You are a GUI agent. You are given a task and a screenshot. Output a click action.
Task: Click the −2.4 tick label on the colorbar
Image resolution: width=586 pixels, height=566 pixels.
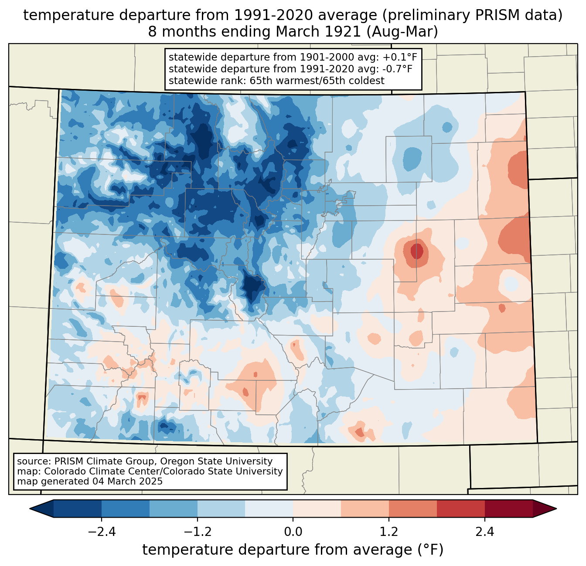(x=102, y=532)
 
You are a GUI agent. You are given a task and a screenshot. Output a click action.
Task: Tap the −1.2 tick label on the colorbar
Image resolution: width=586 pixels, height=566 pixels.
(x=197, y=532)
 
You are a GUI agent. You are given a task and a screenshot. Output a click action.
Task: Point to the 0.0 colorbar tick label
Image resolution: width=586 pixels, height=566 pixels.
(x=293, y=532)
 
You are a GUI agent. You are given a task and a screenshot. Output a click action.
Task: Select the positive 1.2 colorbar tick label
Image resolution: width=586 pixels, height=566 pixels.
(x=388, y=532)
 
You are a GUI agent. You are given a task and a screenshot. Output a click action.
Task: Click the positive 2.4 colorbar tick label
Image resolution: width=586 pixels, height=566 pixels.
(x=484, y=532)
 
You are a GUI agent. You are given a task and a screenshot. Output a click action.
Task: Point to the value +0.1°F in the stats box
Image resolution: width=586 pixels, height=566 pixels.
(x=401, y=57)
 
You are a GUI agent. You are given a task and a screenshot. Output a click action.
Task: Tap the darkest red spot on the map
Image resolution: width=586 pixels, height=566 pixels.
(x=417, y=251)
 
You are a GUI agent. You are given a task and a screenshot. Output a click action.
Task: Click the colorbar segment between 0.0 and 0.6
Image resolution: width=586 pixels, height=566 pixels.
(x=317, y=508)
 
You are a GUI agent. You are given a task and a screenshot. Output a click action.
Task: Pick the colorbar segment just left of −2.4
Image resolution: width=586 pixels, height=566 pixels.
(x=78, y=508)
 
